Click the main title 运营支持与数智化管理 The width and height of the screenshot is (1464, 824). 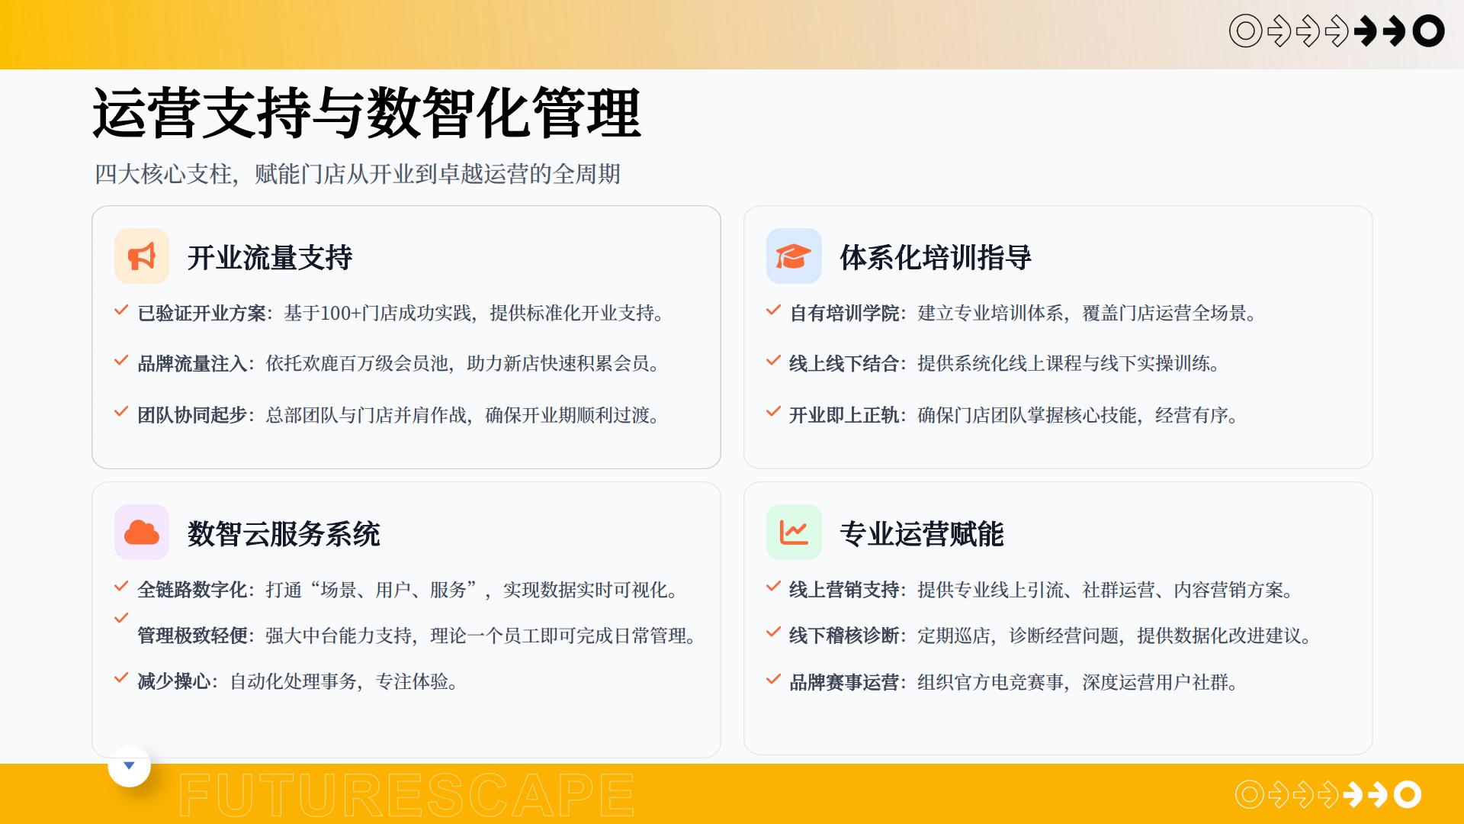coord(367,113)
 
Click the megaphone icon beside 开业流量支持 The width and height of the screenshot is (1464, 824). coord(142,256)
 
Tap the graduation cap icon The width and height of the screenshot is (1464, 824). coord(793,256)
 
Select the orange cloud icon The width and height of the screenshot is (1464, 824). coord(142,533)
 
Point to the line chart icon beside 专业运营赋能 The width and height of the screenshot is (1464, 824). coord(794,533)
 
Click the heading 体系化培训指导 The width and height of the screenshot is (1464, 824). coord(936,258)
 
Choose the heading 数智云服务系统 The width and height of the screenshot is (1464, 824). coord(284,534)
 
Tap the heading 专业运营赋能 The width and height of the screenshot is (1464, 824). coord(922,534)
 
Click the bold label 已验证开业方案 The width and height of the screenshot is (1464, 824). coord(201,314)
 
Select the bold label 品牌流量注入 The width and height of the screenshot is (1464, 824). coord(192,364)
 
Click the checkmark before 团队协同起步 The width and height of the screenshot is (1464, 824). coord(120,412)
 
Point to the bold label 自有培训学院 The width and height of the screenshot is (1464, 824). coord(844,314)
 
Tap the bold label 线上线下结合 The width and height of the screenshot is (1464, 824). coord(844,364)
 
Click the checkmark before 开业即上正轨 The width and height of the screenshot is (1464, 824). coord(773,412)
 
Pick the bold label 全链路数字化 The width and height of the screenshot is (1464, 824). coord(192,590)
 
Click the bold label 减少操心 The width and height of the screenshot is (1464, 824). coord(174,681)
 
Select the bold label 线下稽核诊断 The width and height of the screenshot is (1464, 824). coord(844,636)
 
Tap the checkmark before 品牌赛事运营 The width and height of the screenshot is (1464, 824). coord(773,679)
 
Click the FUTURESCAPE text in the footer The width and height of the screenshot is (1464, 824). coord(406,794)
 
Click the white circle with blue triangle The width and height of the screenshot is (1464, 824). coord(129,766)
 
